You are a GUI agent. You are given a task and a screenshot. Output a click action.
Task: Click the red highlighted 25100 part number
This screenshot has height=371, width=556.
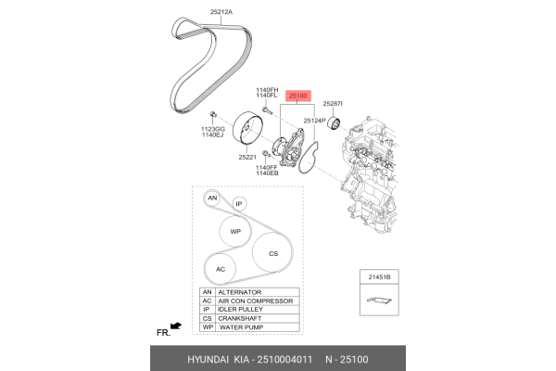[x=297, y=96]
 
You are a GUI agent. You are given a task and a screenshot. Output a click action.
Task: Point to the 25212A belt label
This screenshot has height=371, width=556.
[x=221, y=12]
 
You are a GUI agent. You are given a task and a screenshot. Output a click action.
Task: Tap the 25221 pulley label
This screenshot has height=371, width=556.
[x=247, y=157]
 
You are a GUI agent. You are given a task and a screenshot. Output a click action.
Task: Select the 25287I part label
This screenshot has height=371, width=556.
[x=333, y=104]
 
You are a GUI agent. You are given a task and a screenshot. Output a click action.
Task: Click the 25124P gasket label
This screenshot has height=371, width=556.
[x=314, y=121]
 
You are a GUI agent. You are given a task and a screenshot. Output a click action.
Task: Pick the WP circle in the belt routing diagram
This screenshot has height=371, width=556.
[x=235, y=232]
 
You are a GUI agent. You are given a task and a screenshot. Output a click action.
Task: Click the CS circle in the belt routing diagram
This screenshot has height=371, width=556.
[x=272, y=253]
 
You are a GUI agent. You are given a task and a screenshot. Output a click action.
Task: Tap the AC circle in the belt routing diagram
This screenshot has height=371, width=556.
[x=221, y=270]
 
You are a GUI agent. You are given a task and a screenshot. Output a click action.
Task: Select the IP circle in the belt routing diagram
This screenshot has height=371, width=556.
[x=239, y=204]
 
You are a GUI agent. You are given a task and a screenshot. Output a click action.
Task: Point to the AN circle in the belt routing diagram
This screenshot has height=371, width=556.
[x=212, y=198]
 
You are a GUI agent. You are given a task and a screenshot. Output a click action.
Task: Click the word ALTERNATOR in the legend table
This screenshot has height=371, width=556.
[x=240, y=292]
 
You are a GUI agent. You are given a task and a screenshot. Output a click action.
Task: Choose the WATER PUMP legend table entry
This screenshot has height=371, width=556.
[x=242, y=327]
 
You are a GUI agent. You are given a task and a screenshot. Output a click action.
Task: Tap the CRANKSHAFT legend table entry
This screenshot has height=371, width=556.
[x=240, y=318]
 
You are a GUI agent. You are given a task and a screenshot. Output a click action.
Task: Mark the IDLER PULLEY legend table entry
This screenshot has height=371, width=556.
[x=240, y=310]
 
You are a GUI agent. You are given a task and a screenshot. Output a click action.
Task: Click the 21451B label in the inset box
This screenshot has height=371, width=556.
[x=379, y=277]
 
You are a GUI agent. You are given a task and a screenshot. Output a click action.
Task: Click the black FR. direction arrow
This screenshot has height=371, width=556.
[x=176, y=326]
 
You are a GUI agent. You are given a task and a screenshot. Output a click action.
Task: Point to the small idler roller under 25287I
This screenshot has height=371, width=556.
[x=334, y=122]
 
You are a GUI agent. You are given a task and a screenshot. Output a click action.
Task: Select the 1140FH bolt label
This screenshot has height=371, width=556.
[x=267, y=90]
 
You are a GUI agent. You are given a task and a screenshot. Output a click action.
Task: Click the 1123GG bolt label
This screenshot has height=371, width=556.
[x=213, y=129]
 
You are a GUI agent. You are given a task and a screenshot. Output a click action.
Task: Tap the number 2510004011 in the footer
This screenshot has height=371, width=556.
[x=284, y=359]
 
